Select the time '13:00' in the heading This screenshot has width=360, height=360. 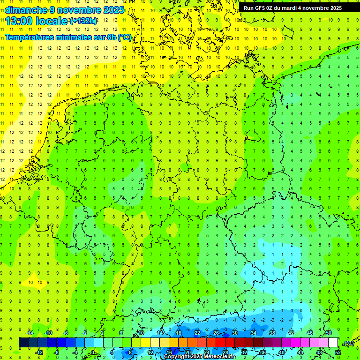point(18,21)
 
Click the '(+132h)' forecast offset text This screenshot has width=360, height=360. point(83,21)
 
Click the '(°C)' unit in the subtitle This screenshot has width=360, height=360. point(125,37)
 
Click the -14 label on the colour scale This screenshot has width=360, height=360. point(30,333)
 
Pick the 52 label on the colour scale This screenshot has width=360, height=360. point(337,352)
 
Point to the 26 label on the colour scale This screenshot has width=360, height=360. point(216,333)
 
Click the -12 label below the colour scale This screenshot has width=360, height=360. point(39,352)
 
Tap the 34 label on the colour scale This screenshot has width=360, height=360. point(254,333)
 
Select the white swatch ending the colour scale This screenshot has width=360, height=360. point(333,343)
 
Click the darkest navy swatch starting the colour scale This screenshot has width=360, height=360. point(23,343)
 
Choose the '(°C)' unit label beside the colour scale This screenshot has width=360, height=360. point(348,343)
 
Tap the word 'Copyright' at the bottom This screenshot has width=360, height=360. point(177,357)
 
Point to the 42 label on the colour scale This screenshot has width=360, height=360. point(291,333)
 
